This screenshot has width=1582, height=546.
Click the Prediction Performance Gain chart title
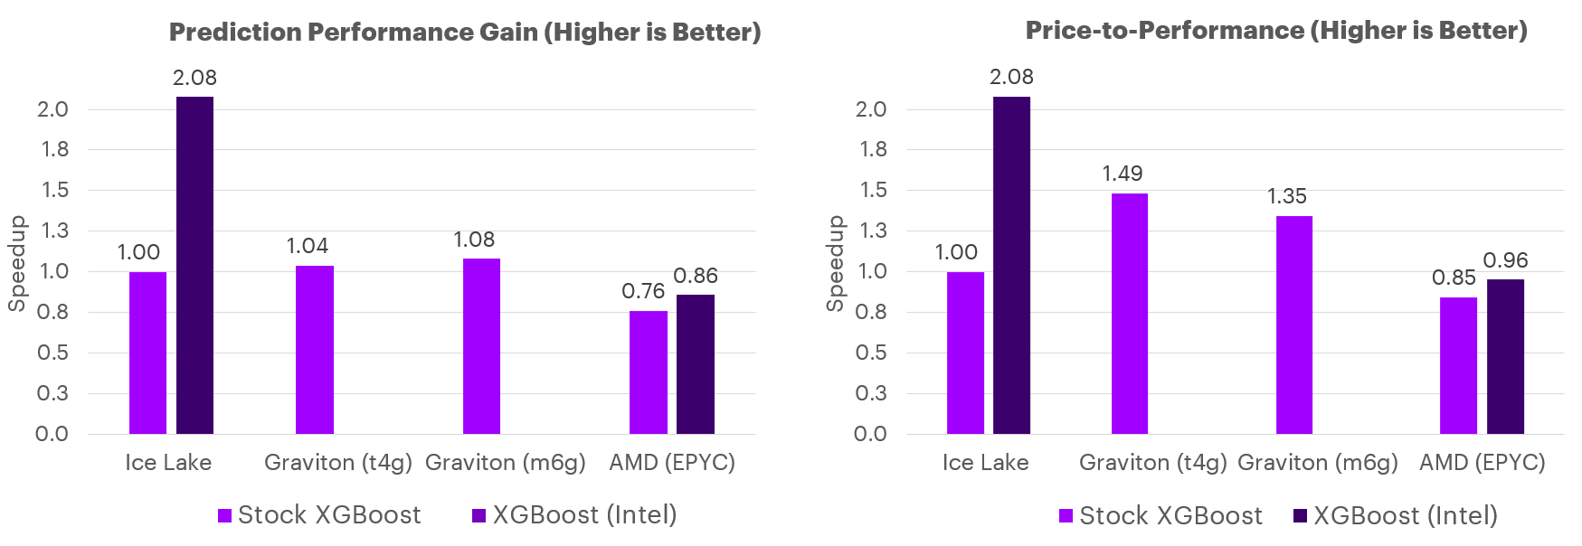click(x=465, y=33)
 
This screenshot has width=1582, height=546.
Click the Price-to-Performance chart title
click(x=1275, y=31)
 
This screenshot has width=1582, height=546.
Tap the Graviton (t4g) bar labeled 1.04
click(x=314, y=350)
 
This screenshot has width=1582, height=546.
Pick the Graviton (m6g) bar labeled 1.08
click(x=481, y=346)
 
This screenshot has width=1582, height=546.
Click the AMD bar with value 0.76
click(x=648, y=372)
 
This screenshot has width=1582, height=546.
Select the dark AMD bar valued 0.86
click(x=695, y=364)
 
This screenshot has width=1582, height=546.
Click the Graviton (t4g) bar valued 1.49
click(x=1129, y=314)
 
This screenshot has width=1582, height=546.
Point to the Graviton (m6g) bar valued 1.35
click(x=1293, y=325)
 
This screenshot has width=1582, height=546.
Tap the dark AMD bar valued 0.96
click(x=1505, y=356)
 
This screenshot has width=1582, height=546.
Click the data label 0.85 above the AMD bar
click(x=1454, y=278)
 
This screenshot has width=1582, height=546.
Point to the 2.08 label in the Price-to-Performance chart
click(x=1011, y=77)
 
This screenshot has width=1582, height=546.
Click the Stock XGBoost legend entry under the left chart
click(x=319, y=515)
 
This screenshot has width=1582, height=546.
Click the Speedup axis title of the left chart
click(x=17, y=264)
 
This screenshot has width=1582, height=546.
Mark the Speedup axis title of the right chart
click(x=835, y=264)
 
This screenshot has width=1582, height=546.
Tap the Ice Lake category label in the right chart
click(x=985, y=463)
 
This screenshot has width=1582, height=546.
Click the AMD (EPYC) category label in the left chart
click(x=672, y=463)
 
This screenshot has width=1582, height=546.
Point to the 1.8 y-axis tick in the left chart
click(x=54, y=149)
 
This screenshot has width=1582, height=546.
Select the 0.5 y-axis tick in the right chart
click(x=872, y=353)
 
